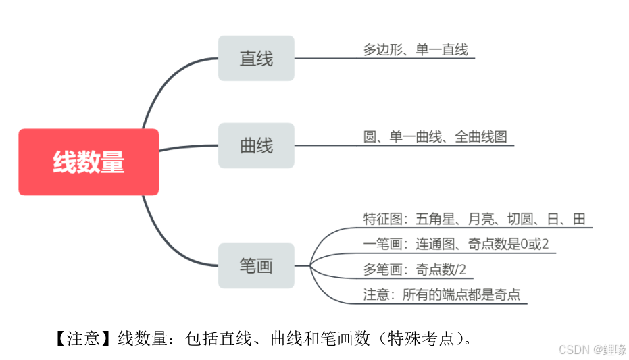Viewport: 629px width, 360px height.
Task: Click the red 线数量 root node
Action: click(89, 162)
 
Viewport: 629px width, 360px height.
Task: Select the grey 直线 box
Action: click(256, 58)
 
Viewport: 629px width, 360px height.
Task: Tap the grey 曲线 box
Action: click(256, 145)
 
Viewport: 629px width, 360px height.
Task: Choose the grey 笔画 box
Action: click(256, 265)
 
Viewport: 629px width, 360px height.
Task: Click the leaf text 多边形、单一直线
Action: click(416, 49)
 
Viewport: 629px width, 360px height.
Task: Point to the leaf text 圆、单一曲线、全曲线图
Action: click(435, 136)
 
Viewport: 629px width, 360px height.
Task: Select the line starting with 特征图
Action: click(474, 219)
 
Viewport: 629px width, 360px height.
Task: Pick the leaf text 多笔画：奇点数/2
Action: click(415, 269)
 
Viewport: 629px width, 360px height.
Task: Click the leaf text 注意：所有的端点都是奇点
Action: click(442, 294)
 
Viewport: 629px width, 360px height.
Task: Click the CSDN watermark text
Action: click(593, 349)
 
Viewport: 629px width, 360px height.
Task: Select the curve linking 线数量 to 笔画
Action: click(169, 243)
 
